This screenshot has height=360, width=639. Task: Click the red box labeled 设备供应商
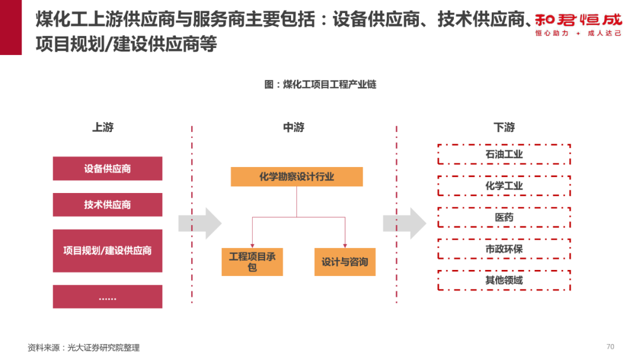tap(107, 169)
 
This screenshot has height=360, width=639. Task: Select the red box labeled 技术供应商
tap(107, 205)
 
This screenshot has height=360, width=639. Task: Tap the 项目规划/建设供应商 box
tap(107, 250)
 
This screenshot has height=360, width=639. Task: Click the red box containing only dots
tap(107, 297)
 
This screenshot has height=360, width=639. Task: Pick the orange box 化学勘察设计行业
tap(296, 176)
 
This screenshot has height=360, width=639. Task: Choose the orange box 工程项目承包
tap(252, 262)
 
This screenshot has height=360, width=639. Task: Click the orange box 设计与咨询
tap(344, 262)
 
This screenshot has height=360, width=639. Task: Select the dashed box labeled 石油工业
tap(504, 155)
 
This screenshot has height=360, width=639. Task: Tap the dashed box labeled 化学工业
tap(504, 186)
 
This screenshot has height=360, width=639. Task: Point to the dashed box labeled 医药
tap(504, 217)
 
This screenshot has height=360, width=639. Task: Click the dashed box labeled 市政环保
tap(504, 249)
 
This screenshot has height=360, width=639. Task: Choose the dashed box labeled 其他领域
tap(504, 280)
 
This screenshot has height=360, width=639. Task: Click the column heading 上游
tap(103, 127)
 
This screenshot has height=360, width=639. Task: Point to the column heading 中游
tap(293, 127)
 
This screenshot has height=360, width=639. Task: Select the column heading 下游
tap(504, 127)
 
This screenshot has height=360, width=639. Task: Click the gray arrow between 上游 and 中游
tap(200, 223)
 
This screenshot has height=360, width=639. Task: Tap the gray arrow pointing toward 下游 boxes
tap(405, 223)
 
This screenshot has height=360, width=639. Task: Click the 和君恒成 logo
tap(578, 24)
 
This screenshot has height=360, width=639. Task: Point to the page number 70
tap(611, 346)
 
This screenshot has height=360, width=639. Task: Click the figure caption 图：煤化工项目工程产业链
tap(320, 85)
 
